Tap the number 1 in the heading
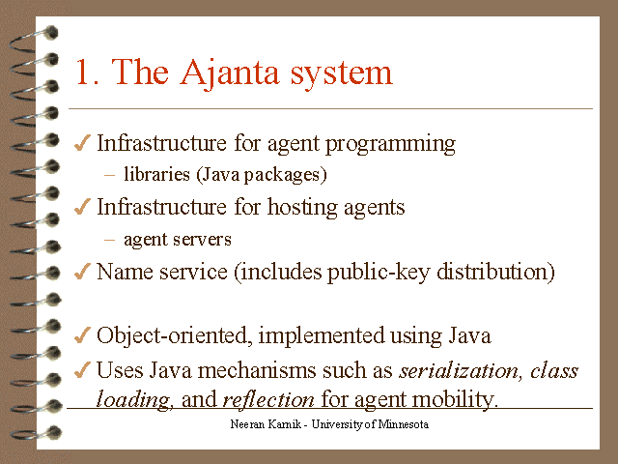tap(84, 73)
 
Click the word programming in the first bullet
tap(390, 144)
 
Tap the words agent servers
tap(177, 239)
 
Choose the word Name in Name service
tap(124, 272)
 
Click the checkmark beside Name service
tap(83, 272)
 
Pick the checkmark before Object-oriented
tap(83, 336)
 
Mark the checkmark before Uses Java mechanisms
tap(83, 370)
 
